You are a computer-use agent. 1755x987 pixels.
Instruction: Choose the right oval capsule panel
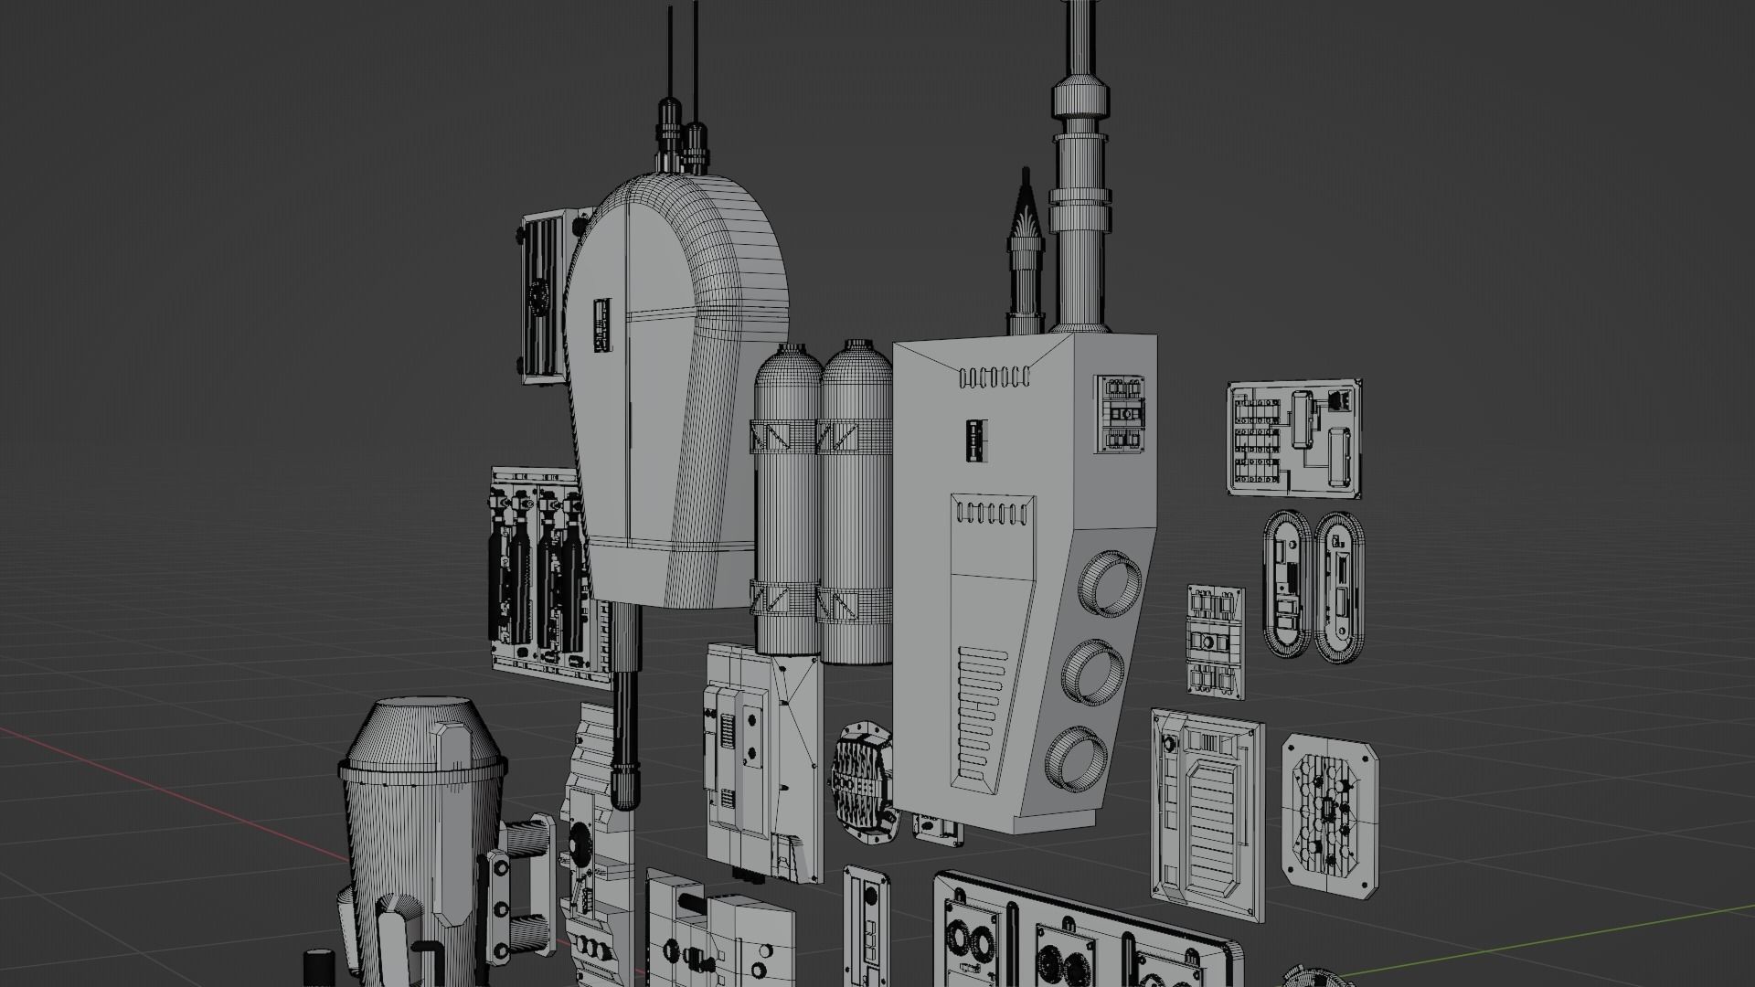click(1338, 587)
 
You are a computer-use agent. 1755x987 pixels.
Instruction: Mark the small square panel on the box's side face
click(1123, 413)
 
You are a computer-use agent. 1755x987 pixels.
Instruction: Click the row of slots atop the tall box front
click(994, 376)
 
